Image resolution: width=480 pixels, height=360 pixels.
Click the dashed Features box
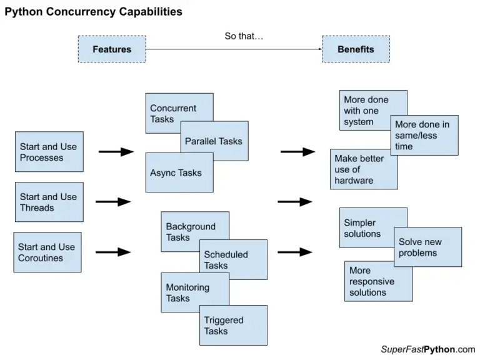[111, 49]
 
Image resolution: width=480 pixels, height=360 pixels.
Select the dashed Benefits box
[356, 49]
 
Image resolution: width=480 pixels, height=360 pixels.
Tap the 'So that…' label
[244, 36]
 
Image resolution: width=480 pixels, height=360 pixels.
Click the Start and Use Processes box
[49, 152]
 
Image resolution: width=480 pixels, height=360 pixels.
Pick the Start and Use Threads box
[49, 202]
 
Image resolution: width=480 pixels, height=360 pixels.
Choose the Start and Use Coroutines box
[47, 252]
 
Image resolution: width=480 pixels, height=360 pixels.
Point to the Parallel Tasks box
[214, 141]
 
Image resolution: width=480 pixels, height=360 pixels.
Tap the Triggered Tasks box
[234, 326]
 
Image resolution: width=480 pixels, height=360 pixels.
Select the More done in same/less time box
[424, 135]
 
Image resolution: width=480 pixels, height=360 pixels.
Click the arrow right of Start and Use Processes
[116, 152]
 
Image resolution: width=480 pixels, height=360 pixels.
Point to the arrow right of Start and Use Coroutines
[113, 252]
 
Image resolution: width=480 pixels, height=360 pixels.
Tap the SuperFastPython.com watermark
[427, 349]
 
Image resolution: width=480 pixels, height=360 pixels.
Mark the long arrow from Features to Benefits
[234, 49]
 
